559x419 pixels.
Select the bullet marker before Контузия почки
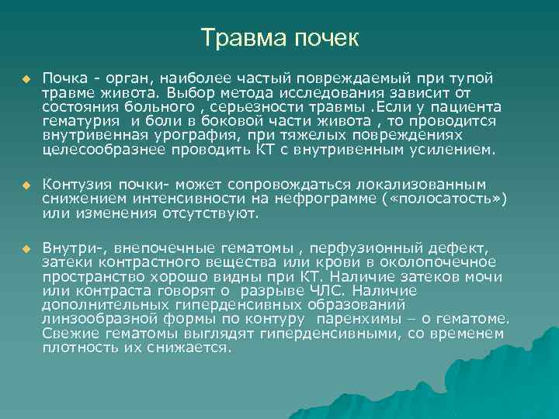tap(25, 185)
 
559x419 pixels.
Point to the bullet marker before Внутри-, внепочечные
tap(25, 248)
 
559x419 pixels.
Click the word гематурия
tap(82, 121)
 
